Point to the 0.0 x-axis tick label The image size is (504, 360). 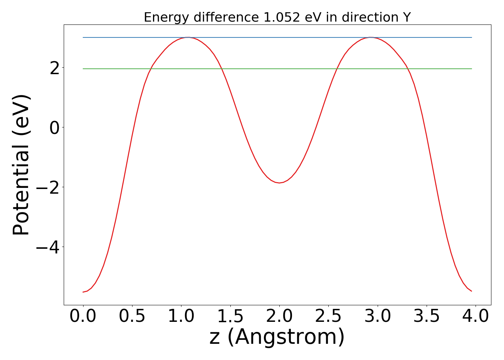(83, 316)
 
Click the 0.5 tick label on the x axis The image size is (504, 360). (132, 316)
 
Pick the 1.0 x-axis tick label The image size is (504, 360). (181, 316)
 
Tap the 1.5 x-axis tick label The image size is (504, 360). (230, 316)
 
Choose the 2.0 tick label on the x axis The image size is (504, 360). (279, 316)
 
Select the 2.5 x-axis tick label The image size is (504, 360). (328, 316)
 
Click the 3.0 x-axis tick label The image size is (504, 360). (377, 316)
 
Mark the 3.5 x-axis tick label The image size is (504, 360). (427, 316)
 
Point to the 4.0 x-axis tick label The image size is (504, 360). (476, 316)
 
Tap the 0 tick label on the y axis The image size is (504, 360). (55, 127)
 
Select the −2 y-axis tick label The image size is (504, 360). (49, 187)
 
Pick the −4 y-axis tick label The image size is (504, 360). (49, 247)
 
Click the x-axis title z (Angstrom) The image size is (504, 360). (277, 337)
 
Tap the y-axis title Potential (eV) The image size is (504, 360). (22, 165)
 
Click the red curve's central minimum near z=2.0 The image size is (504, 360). (279, 183)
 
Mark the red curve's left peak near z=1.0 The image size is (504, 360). (188, 37)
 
